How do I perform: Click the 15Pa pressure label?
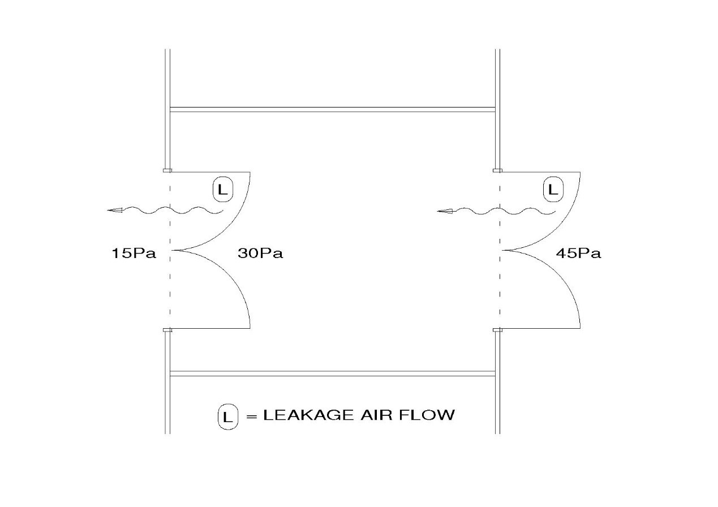pos(134,253)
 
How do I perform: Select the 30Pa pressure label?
pos(260,253)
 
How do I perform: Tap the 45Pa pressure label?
pos(578,253)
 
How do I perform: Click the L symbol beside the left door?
pos(223,190)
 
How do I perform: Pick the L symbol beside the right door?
pos(553,190)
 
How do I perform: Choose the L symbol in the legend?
pos(227,417)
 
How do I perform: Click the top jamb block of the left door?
pos(167,170)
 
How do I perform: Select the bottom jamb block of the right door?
pos(498,329)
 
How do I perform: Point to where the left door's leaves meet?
pos(172,250)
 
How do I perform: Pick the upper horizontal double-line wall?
pos(333,109)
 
